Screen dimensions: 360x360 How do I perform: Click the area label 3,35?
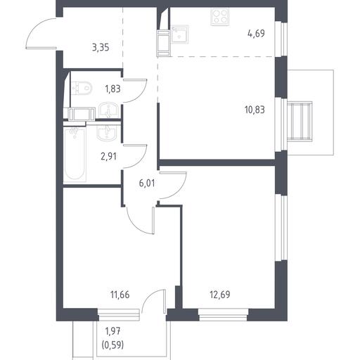(101, 48)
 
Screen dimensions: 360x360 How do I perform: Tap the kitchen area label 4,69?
(256, 34)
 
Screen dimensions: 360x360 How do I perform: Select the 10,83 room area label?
(255, 110)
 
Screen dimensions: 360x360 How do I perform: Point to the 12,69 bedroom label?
(220, 295)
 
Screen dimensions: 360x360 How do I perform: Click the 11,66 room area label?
(120, 295)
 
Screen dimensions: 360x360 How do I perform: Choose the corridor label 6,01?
(147, 183)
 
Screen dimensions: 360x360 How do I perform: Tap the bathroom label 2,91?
(108, 156)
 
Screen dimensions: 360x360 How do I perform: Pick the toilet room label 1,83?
(113, 89)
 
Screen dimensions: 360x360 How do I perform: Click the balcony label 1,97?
(112, 331)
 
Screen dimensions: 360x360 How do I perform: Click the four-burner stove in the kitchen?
(219, 17)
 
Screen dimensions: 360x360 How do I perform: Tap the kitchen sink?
(179, 34)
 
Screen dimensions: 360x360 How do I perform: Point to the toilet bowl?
(82, 89)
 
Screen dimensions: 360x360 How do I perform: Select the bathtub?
(75, 154)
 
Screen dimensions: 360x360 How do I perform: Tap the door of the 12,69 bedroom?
(174, 185)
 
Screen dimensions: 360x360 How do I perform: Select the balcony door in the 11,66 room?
(154, 301)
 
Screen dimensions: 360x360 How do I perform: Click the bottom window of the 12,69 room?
(224, 315)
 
